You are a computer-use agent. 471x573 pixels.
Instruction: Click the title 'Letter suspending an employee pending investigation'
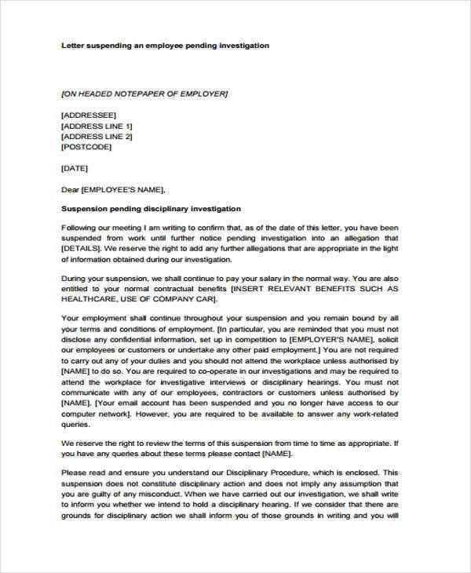point(165,46)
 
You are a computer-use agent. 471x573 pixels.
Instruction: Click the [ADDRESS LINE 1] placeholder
point(97,126)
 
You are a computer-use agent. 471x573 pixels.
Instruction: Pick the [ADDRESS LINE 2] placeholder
point(97,136)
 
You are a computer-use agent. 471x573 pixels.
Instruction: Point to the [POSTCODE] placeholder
point(86,147)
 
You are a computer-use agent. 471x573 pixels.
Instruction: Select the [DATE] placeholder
point(75,168)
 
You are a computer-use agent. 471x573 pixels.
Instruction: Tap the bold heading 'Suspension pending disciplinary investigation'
point(151,210)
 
